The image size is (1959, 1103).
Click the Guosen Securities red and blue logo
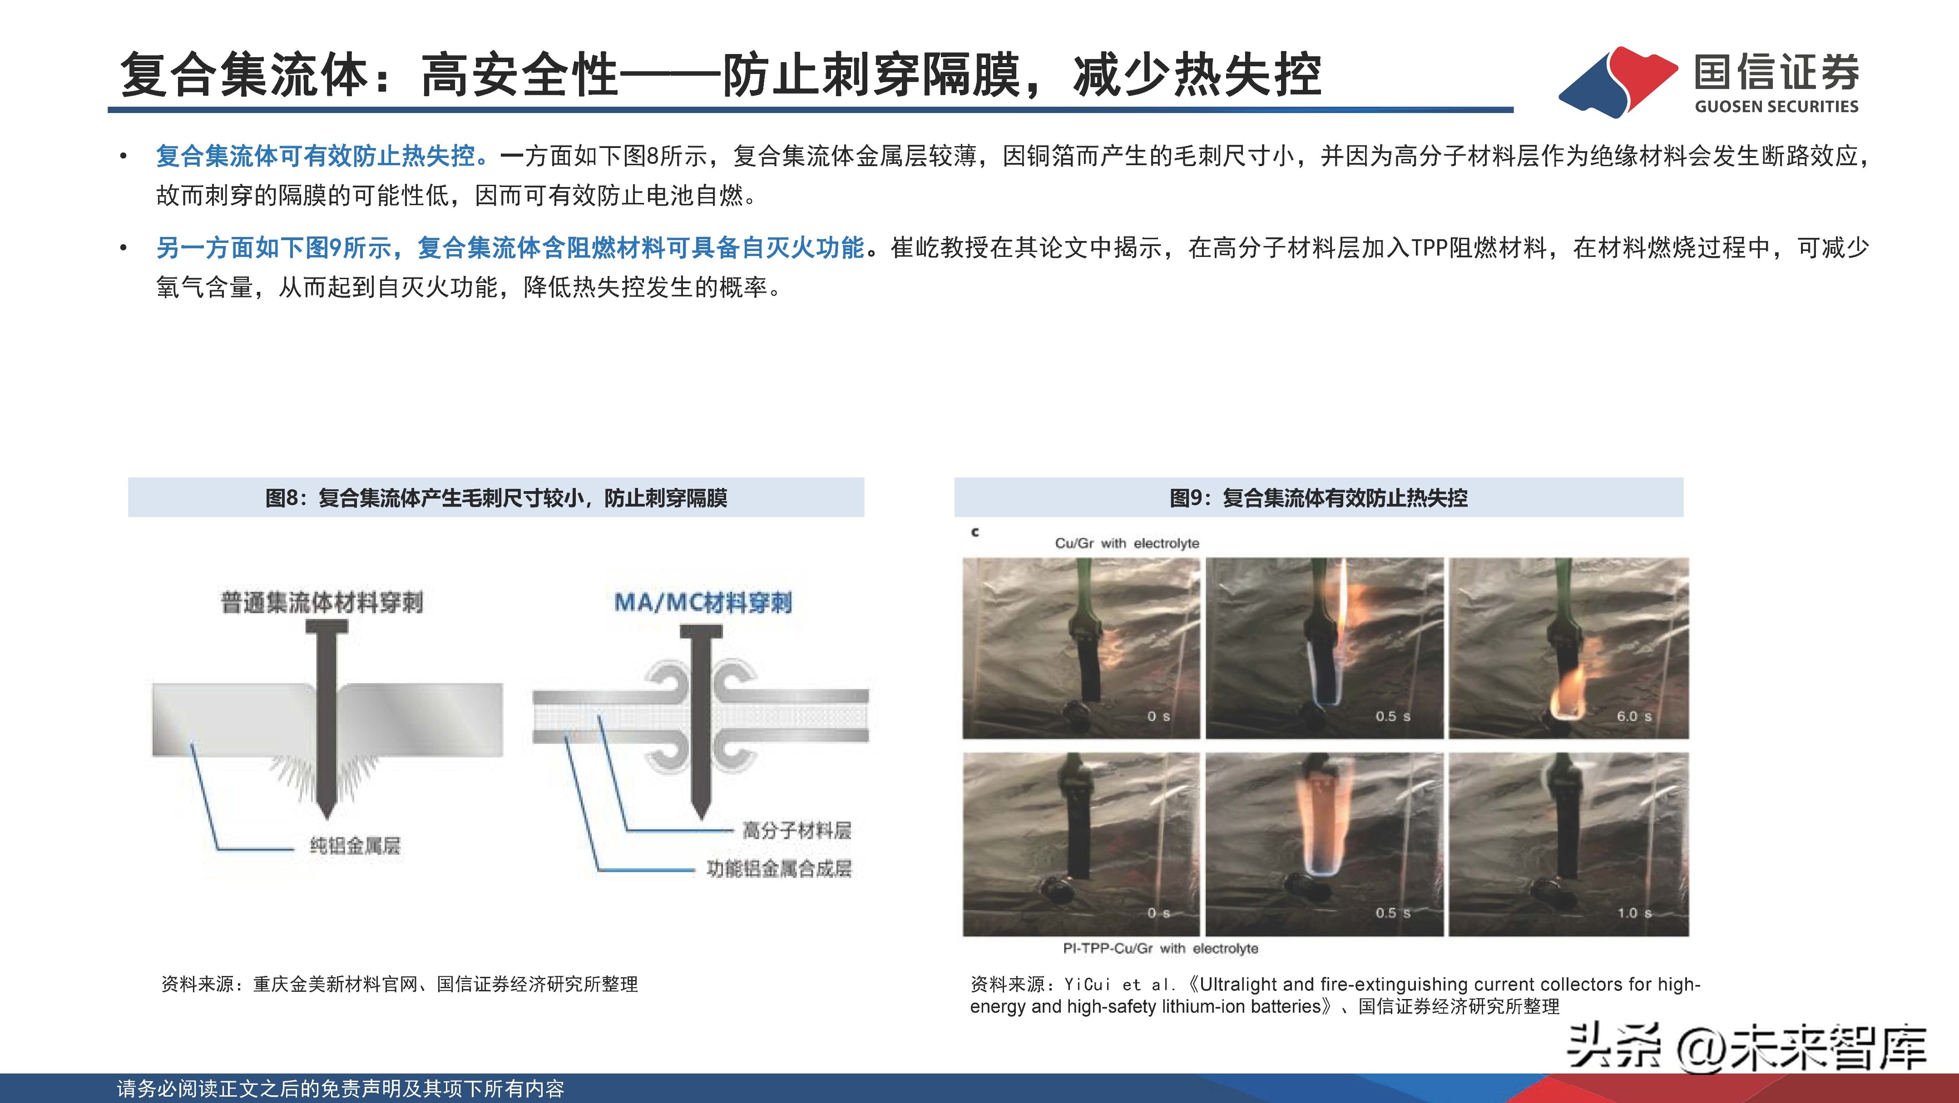1618,82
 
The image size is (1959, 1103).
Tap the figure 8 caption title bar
496,498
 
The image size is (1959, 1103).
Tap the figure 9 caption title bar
1318,498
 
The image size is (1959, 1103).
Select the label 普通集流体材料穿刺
322,603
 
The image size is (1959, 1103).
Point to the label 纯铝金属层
354,845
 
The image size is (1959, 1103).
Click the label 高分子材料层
796,830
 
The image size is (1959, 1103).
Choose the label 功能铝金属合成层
779,868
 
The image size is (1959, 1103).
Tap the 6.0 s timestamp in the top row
1633,716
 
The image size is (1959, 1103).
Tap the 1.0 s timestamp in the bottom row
1633,913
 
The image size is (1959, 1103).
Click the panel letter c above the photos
975,532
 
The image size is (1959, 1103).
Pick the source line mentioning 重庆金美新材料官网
399,985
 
